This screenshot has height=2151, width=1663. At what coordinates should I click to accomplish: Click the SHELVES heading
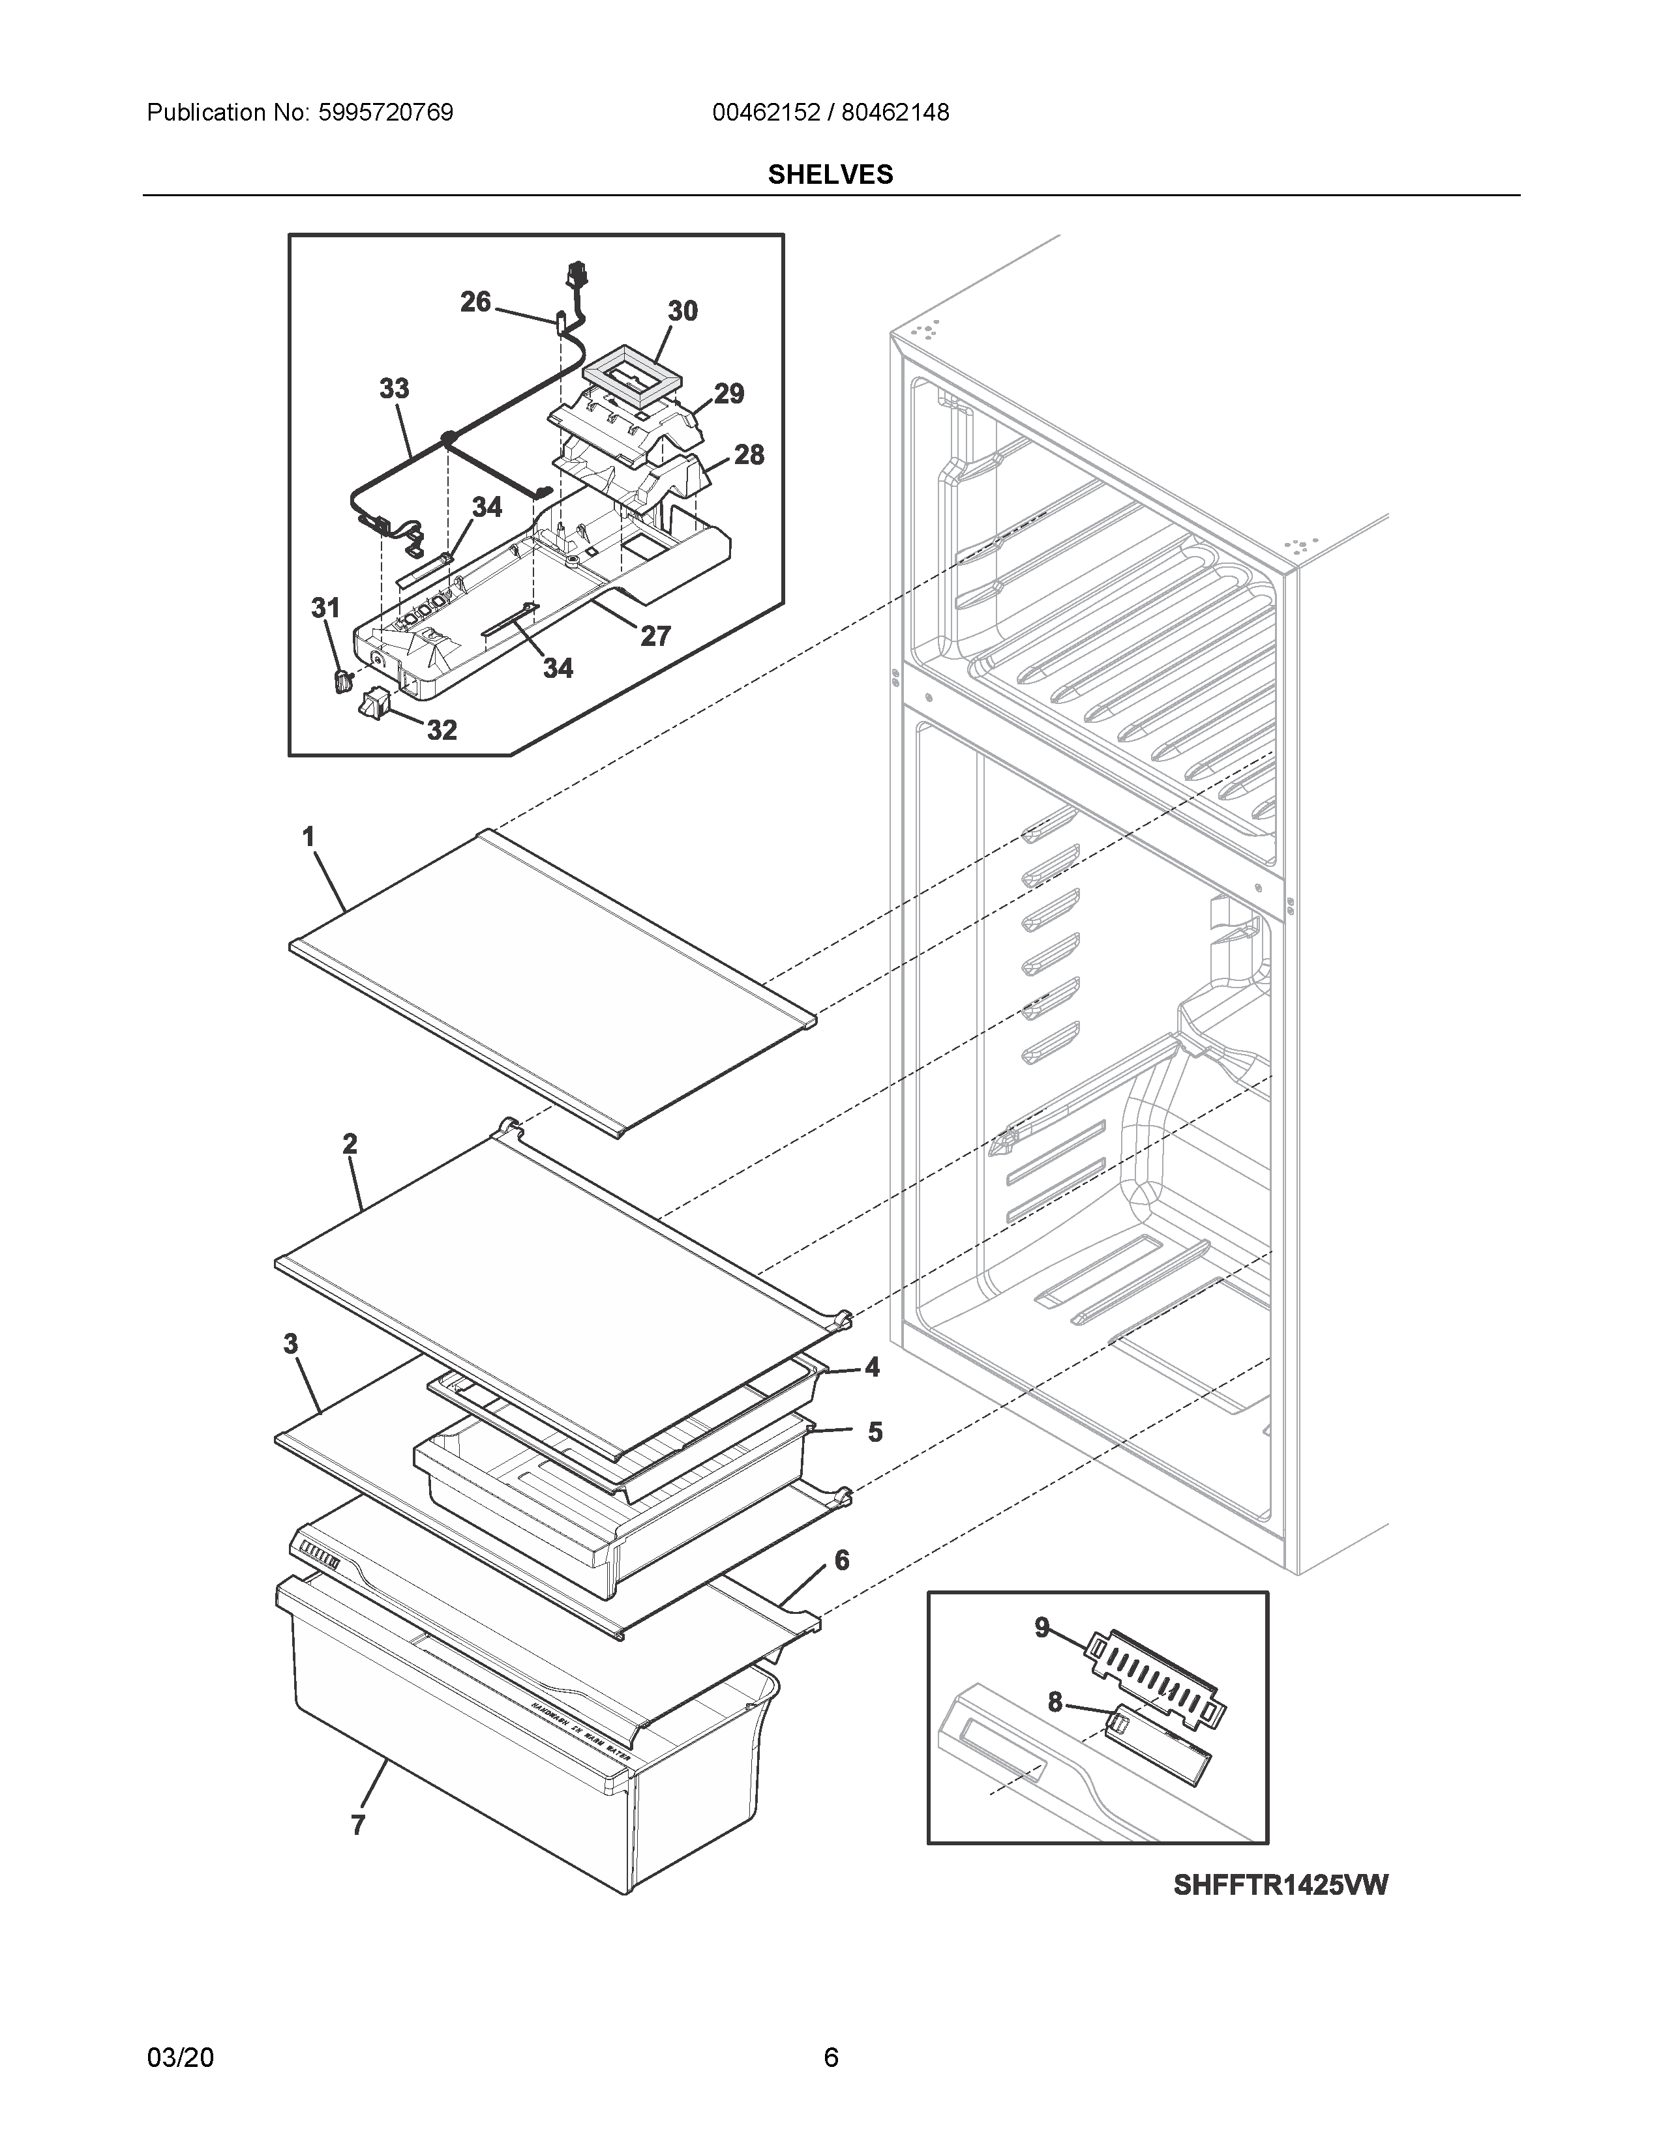[x=830, y=174]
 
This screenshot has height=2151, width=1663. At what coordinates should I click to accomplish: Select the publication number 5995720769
[x=385, y=112]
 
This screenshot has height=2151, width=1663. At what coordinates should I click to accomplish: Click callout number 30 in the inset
[x=683, y=311]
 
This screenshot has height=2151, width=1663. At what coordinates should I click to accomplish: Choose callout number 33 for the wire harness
[x=394, y=389]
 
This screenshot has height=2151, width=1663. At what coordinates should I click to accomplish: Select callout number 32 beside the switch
[x=442, y=730]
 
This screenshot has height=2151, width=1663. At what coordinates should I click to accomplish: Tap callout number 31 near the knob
[x=325, y=609]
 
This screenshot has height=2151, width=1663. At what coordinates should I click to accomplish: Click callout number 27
[x=656, y=636]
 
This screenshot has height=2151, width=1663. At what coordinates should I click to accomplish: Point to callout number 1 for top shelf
[x=308, y=837]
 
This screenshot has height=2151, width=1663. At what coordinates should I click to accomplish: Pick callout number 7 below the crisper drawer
[x=359, y=1825]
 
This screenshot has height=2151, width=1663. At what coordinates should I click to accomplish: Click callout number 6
[x=841, y=1560]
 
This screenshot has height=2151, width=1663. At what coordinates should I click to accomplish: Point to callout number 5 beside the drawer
[x=875, y=1432]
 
